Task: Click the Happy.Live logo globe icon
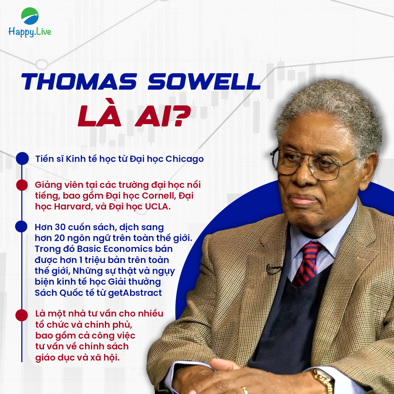click(x=30, y=16)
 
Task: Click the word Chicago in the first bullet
click(x=185, y=159)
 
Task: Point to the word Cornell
click(x=158, y=196)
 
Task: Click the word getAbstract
click(x=135, y=293)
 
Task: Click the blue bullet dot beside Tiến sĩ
click(x=22, y=158)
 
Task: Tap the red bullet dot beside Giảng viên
click(x=22, y=185)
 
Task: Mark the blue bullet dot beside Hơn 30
click(x=22, y=227)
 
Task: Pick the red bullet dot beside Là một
click(x=22, y=315)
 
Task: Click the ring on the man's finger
click(x=245, y=390)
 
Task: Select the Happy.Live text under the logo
click(x=30, y=32)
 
